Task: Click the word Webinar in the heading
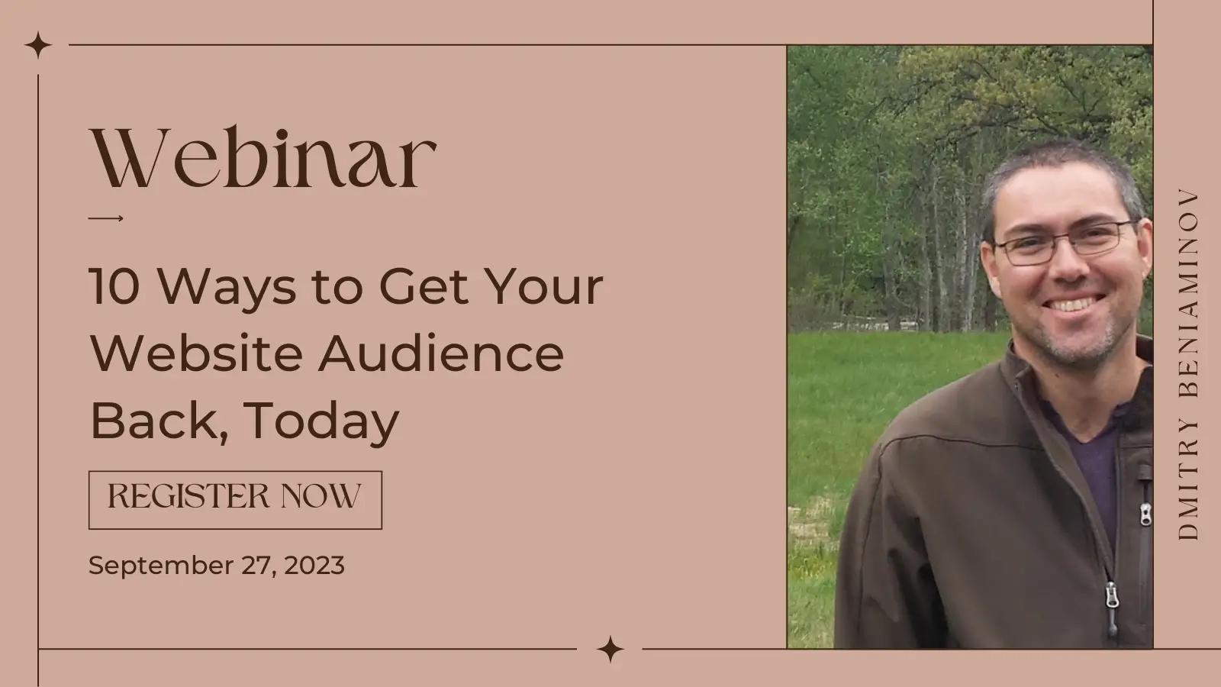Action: click(263, 157)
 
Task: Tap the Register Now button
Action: click(236, 500)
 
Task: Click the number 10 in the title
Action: click(114, 286)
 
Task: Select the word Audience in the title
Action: click(441, 353)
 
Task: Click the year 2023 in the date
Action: click(314, 565)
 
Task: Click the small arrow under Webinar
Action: click(106, 218)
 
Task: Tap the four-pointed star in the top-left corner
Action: click(38, 45)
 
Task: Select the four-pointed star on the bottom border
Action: click(610, 649)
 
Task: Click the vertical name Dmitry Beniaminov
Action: click(1188, 364)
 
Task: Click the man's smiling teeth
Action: click(1073, 303)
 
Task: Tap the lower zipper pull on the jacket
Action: click(1111, 606)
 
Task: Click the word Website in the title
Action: click(196, 353)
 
